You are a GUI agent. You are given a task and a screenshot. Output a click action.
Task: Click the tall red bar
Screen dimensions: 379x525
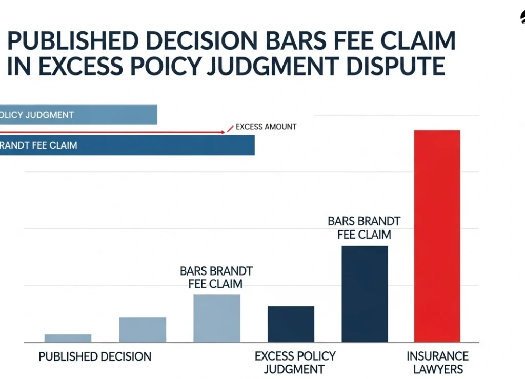(437, 236)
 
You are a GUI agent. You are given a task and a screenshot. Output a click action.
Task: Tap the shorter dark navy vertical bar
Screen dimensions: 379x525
(291, 324)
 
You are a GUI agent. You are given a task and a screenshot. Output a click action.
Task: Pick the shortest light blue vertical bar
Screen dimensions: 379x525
(68, 338)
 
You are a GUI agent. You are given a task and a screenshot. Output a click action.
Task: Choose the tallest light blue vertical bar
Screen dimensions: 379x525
(216, 318)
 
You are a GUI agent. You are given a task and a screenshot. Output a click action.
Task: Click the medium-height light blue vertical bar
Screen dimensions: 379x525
(143, 329)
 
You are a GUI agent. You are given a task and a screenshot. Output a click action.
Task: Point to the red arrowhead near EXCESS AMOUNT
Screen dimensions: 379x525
(223, 132)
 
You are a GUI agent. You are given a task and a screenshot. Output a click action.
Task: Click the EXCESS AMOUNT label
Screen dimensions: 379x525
(266, 127)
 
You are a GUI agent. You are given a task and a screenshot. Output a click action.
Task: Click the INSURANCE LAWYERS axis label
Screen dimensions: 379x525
(437, 363)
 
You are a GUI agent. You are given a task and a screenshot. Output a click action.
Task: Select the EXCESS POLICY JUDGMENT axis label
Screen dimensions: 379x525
(295, 363)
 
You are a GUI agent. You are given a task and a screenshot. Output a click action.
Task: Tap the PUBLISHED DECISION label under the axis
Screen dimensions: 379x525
(95, 356)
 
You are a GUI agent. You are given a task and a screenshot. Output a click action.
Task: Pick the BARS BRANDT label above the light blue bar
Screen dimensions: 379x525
(216, 277)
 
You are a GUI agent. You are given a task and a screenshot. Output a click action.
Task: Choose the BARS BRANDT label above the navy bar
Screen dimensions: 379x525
(364, 228)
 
